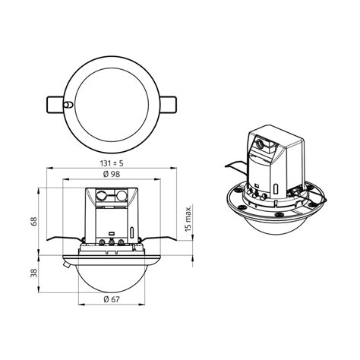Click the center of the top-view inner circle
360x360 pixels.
pyautogui.click(x=114, y=103)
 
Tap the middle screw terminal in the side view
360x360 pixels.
pyautogui.click(x=112, y=243)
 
